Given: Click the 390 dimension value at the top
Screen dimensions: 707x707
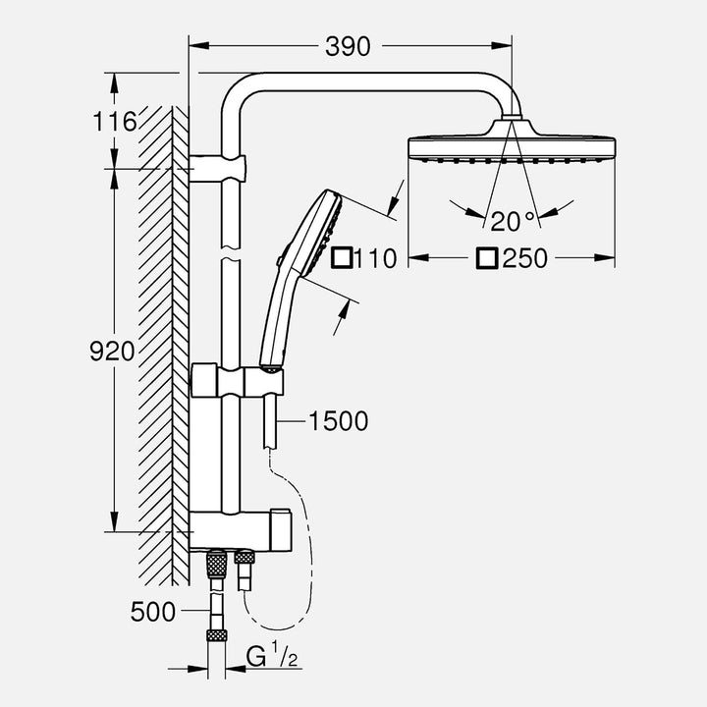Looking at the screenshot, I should (x=350, y=46).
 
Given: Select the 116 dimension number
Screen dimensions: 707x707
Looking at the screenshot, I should (x=116, y=122).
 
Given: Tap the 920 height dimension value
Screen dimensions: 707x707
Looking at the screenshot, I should (x=112, y=352).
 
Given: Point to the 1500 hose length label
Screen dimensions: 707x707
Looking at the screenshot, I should (x=338, y=421).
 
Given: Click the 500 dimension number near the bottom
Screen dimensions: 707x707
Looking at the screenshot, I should (x=153, y=612).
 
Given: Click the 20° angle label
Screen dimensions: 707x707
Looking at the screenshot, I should (x=513, y=219).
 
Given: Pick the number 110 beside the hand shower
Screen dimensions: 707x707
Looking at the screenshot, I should (x=375, y=259).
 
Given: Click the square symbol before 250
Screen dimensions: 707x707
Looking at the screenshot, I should (x=487, y=258).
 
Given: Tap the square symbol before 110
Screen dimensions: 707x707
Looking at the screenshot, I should (x=341, y=259).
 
